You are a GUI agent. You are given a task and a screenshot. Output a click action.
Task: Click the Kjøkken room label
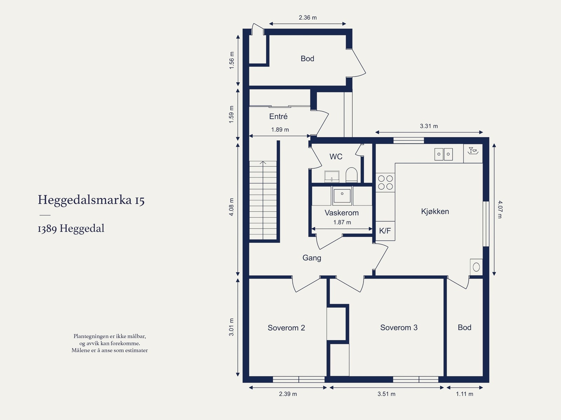435,211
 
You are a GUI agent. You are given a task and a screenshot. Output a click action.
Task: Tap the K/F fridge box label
385,231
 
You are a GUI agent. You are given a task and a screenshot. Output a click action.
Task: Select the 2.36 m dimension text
307,18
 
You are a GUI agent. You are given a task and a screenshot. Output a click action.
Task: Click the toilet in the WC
351,175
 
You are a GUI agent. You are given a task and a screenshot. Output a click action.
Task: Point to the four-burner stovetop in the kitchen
385,182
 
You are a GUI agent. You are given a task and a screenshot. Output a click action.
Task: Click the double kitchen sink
444,154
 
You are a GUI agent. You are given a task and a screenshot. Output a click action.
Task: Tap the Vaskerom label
342,213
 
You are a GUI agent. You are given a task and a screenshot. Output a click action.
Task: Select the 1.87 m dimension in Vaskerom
342,222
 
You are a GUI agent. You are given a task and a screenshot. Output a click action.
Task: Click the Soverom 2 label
286,328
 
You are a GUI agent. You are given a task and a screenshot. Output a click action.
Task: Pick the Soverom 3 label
399,327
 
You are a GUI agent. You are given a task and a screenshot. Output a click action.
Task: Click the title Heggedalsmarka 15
91,200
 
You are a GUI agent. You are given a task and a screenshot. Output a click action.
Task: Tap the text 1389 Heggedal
71,229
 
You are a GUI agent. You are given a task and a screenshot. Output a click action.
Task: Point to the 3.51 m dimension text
386,394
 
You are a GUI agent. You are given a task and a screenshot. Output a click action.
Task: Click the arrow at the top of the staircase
263,163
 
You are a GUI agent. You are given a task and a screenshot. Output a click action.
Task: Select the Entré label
278,116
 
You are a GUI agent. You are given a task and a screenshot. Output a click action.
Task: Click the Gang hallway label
312,258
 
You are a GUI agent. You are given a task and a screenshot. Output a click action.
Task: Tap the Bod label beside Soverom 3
464,327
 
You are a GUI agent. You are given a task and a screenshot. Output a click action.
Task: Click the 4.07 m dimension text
500,209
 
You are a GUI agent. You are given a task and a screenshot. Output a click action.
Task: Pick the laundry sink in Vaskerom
342,195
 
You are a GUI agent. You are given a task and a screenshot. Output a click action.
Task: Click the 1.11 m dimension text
464,394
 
